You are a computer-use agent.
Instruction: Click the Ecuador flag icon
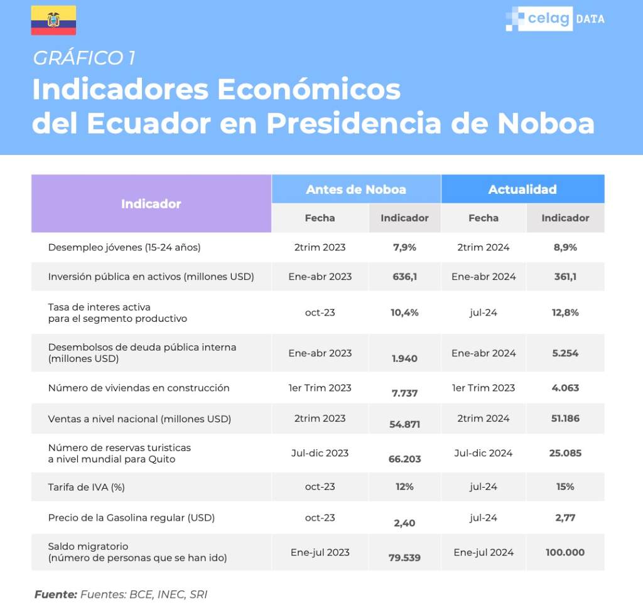point(53,20)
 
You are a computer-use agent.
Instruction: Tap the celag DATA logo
point(555,19)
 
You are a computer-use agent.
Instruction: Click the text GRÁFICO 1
point(84,58)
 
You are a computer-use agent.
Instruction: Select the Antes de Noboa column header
point(355,189)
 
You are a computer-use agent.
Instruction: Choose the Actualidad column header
point(522,189)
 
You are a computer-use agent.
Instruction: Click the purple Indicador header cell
point(151,204)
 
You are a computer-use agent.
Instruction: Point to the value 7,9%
point(404,247)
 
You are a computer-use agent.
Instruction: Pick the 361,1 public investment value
point(565,277)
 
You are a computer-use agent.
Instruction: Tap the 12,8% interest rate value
point(565,312)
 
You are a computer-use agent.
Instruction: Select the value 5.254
point(565,353)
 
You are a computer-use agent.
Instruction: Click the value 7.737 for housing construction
point(404,393)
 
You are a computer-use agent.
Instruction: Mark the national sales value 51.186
point(565,419)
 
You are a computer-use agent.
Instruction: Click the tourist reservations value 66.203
point(404,459)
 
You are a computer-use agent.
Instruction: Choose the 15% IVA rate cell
point(565,486)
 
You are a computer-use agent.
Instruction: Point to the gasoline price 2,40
point(404,523)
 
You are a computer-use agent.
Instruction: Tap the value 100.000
point(565,552)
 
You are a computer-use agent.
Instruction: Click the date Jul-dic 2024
point(484,453)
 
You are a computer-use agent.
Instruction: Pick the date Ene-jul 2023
point(320,552)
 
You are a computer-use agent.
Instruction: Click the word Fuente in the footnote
point(55,594)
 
